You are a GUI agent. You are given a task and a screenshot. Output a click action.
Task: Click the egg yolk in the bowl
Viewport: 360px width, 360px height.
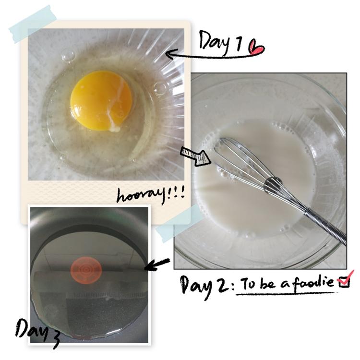point(101,100)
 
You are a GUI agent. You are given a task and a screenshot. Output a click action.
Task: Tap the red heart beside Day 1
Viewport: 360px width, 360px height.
point(257,48)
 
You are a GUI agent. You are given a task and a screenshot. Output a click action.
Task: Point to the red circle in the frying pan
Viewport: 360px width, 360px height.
point(86,269)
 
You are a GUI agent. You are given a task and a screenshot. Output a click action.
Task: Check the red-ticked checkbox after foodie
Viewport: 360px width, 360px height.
point(344,281)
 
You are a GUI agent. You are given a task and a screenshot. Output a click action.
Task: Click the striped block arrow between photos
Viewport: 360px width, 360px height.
point(195,156)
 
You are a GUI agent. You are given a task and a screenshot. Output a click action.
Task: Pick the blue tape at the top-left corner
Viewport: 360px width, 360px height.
point(33,24)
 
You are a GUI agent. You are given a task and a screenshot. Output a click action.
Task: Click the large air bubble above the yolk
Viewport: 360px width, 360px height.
point(68,56)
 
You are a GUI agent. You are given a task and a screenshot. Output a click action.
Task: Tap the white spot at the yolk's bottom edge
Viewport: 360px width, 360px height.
point(115,129)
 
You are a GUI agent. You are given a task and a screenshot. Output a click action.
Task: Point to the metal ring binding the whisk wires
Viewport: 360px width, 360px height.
point(272,185)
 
